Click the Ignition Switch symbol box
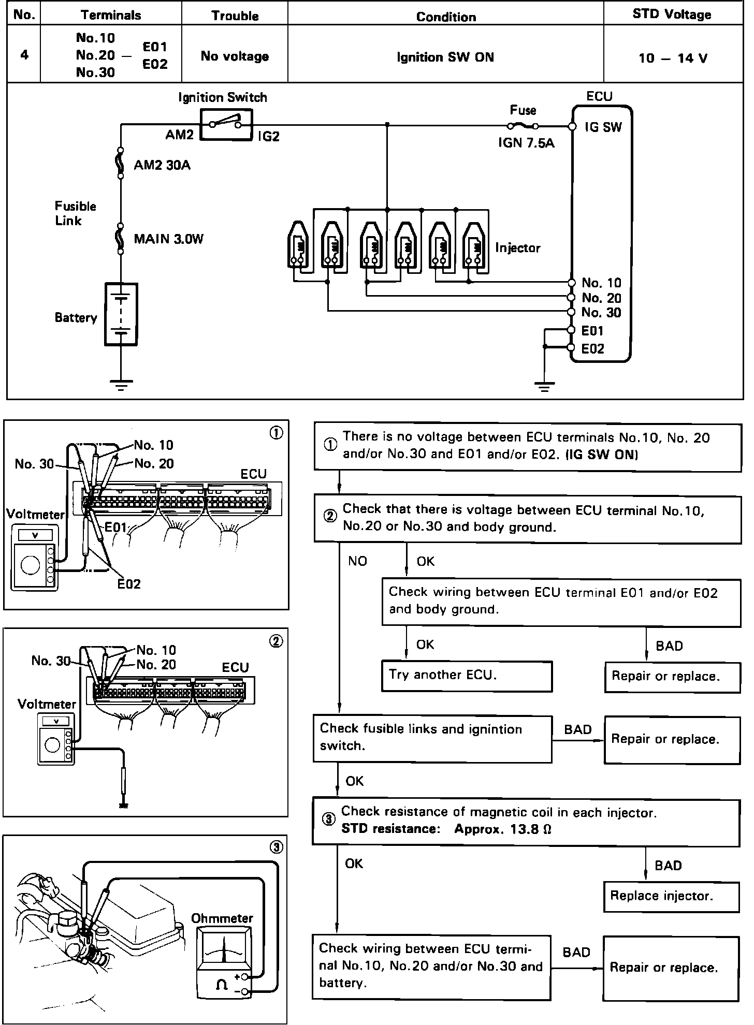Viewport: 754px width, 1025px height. (x=225, y=124)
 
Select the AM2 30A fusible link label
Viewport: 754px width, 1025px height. (x=162, y=165)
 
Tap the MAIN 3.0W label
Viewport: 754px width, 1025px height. (x=168, y=239)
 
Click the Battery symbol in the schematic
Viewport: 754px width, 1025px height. (x=121, y=314)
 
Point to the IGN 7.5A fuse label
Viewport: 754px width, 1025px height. (x=526, y=143)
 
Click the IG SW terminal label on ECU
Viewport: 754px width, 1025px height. (x=603, y=127)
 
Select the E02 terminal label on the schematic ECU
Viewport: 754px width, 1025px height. (x=592, y=348)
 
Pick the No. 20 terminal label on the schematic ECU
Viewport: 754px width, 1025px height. (x=601, y=298)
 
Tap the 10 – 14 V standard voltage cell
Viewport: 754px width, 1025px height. (x=673, y=57)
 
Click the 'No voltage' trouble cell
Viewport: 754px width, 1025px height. (x=235, y=56)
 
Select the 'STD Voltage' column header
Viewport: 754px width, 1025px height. (x=672, y=14)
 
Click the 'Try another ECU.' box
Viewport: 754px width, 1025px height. (x=467, y=676)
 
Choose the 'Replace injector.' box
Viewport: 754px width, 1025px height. (x=671, y=896)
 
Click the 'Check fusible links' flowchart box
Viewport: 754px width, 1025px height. (x=432, y=738)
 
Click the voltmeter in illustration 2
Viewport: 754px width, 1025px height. (x=56, y=739)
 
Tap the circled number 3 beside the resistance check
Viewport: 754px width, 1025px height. (x=328, y=819)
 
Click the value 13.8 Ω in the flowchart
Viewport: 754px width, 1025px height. (x=531, y=829)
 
